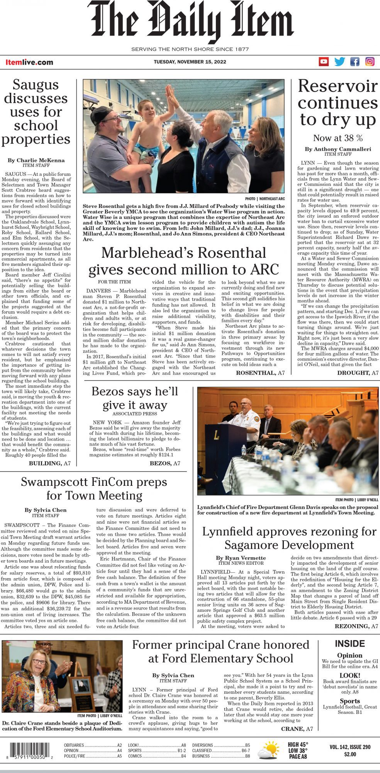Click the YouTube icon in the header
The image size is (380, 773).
pyautogui.click(x=324, y=61)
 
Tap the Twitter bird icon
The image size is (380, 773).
pyautogui.click(x=339, y=61)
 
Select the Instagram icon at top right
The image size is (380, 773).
pyautogui.click(x=370, y=61)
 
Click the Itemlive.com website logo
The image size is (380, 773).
pyautogui.click(x=29, y=62)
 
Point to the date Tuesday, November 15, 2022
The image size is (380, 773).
pyautogui.click(x=190, y=62)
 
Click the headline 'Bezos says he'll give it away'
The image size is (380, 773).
pyautogui.click(x=135, y=398)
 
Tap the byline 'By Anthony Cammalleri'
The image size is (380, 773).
pyautogui.click(x=338, y=149)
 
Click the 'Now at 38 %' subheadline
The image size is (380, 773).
pyautogui.click(x=338, y=138)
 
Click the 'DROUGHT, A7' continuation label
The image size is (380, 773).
pyautogui.click(x=358, y=373)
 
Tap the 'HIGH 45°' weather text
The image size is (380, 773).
pyautogui.click(x=298, y=744)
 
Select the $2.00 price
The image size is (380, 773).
pyautogui.click(x=350, y=754)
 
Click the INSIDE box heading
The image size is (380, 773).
pyautogui.click(x=349, y=644)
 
